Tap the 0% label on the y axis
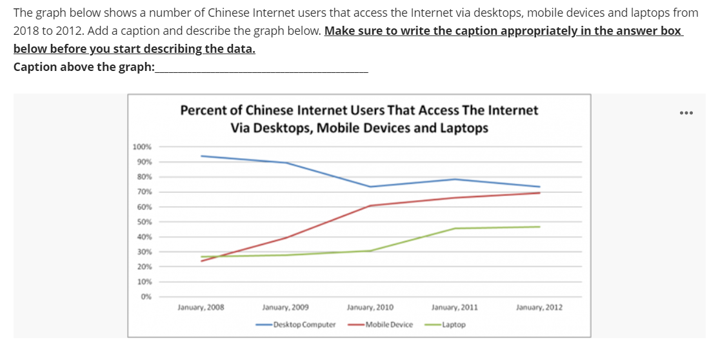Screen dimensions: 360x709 pyautogui.click(x=145, y=297)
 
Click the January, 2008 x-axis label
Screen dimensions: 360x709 pyautogui.click(x=201, y=308)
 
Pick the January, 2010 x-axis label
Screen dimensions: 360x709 pyautogui.click(x=370, y=308)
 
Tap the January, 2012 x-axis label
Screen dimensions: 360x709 pyautogui.click(x=539, y=308)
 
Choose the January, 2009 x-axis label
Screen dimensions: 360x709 pyautogui.click(x=286, y=308)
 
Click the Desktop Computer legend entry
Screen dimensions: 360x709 pyautogui.click(x=304, y=325)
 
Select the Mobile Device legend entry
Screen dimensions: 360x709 pyautogui.click(x=388, y=325)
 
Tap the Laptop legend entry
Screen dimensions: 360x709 pyautogui.click(x=454, y=325)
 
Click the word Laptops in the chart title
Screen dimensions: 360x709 pyautogui.click(x=464, y=128)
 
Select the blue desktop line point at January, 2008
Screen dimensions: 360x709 pyautogui.click(x=201, y=155)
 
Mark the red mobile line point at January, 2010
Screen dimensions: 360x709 pyautogui.click(x=370, y=206)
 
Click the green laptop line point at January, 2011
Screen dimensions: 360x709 pyautogui.click(x=455, y=228)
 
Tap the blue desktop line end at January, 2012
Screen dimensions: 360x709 pyautogui.click(x=539, y=186)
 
